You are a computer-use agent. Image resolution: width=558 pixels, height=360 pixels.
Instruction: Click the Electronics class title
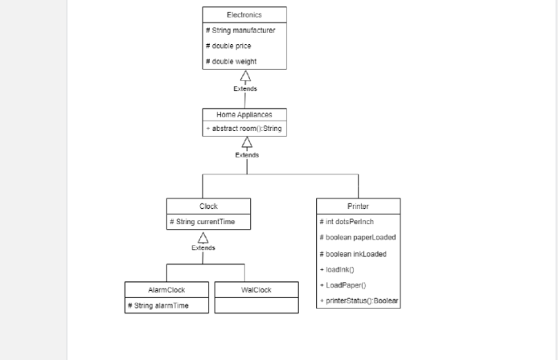(244, 14)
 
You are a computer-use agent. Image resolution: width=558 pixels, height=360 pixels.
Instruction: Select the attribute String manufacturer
(240, 30)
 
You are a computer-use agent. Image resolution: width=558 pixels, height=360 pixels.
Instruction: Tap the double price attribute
(228, 46)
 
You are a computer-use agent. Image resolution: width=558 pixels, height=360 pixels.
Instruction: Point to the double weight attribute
(232, 61)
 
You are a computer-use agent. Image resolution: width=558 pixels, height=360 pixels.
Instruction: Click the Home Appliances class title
(244, 114)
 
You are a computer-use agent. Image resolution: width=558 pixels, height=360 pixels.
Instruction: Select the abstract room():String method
(243, 129)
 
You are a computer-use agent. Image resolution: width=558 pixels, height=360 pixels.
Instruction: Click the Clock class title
(208, 207)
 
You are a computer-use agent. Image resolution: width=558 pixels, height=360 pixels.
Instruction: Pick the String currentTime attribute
(203, 222)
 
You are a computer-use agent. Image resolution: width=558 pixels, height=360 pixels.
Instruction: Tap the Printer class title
(358, 207)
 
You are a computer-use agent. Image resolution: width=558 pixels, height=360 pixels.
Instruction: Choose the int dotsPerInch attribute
(347, 222)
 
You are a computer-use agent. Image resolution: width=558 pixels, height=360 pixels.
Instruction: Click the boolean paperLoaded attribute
(357, 237)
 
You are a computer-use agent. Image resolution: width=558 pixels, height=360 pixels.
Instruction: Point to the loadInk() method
(337, 269)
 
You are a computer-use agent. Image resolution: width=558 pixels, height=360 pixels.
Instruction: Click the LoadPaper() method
(343, 285)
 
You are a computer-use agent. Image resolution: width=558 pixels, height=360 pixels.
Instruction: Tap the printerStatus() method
(359, 301)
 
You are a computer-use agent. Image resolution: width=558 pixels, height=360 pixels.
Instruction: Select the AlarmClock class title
(167, 289)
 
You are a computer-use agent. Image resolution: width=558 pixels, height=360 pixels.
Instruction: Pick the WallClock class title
(256, 289)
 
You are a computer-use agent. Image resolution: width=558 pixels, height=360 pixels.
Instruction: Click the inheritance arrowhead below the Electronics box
(245, 76)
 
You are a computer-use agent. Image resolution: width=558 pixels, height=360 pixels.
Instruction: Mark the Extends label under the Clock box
(203, 247)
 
